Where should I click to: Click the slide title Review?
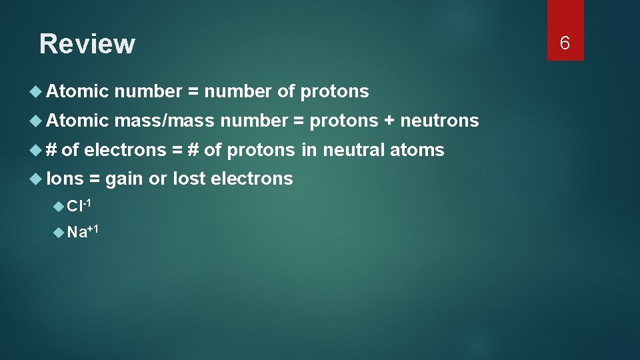(x=87, y=44)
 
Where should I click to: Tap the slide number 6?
(x=565, y=43)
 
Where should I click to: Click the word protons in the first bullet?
(x=335, y=91)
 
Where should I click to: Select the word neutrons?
(x=439, y=120)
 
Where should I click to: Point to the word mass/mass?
(x=164, y=120)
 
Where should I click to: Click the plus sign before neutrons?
(x=389, y=121)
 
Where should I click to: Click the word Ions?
(x=65, y=178)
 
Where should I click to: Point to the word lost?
(x=189, y=178)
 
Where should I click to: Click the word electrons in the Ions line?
(x=251, y=178)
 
